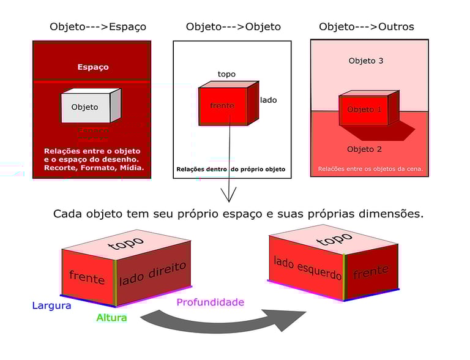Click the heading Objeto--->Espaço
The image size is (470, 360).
tap(98, 27)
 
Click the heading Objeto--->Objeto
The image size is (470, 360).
tap(233, 27)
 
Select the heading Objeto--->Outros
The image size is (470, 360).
tap(366, 27)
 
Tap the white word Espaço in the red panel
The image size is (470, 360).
tap(93, 67)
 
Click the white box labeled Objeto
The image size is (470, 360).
tap(86, 107)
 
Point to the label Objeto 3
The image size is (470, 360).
tap(365, 61)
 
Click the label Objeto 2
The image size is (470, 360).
tap(364, 149)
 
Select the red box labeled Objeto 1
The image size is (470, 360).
tap(364, 110)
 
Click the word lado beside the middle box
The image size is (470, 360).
tap(268, 100)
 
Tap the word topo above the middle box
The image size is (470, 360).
tap(226, 75)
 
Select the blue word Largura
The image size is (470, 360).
tap(51, 306)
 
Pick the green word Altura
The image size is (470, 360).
tap(111, 318)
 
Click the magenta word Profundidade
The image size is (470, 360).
tap(210, 302)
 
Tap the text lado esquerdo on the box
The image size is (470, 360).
tap(307, 268)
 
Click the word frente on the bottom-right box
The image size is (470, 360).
tap(370, 272)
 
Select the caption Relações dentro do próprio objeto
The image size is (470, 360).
tap(230, 169)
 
